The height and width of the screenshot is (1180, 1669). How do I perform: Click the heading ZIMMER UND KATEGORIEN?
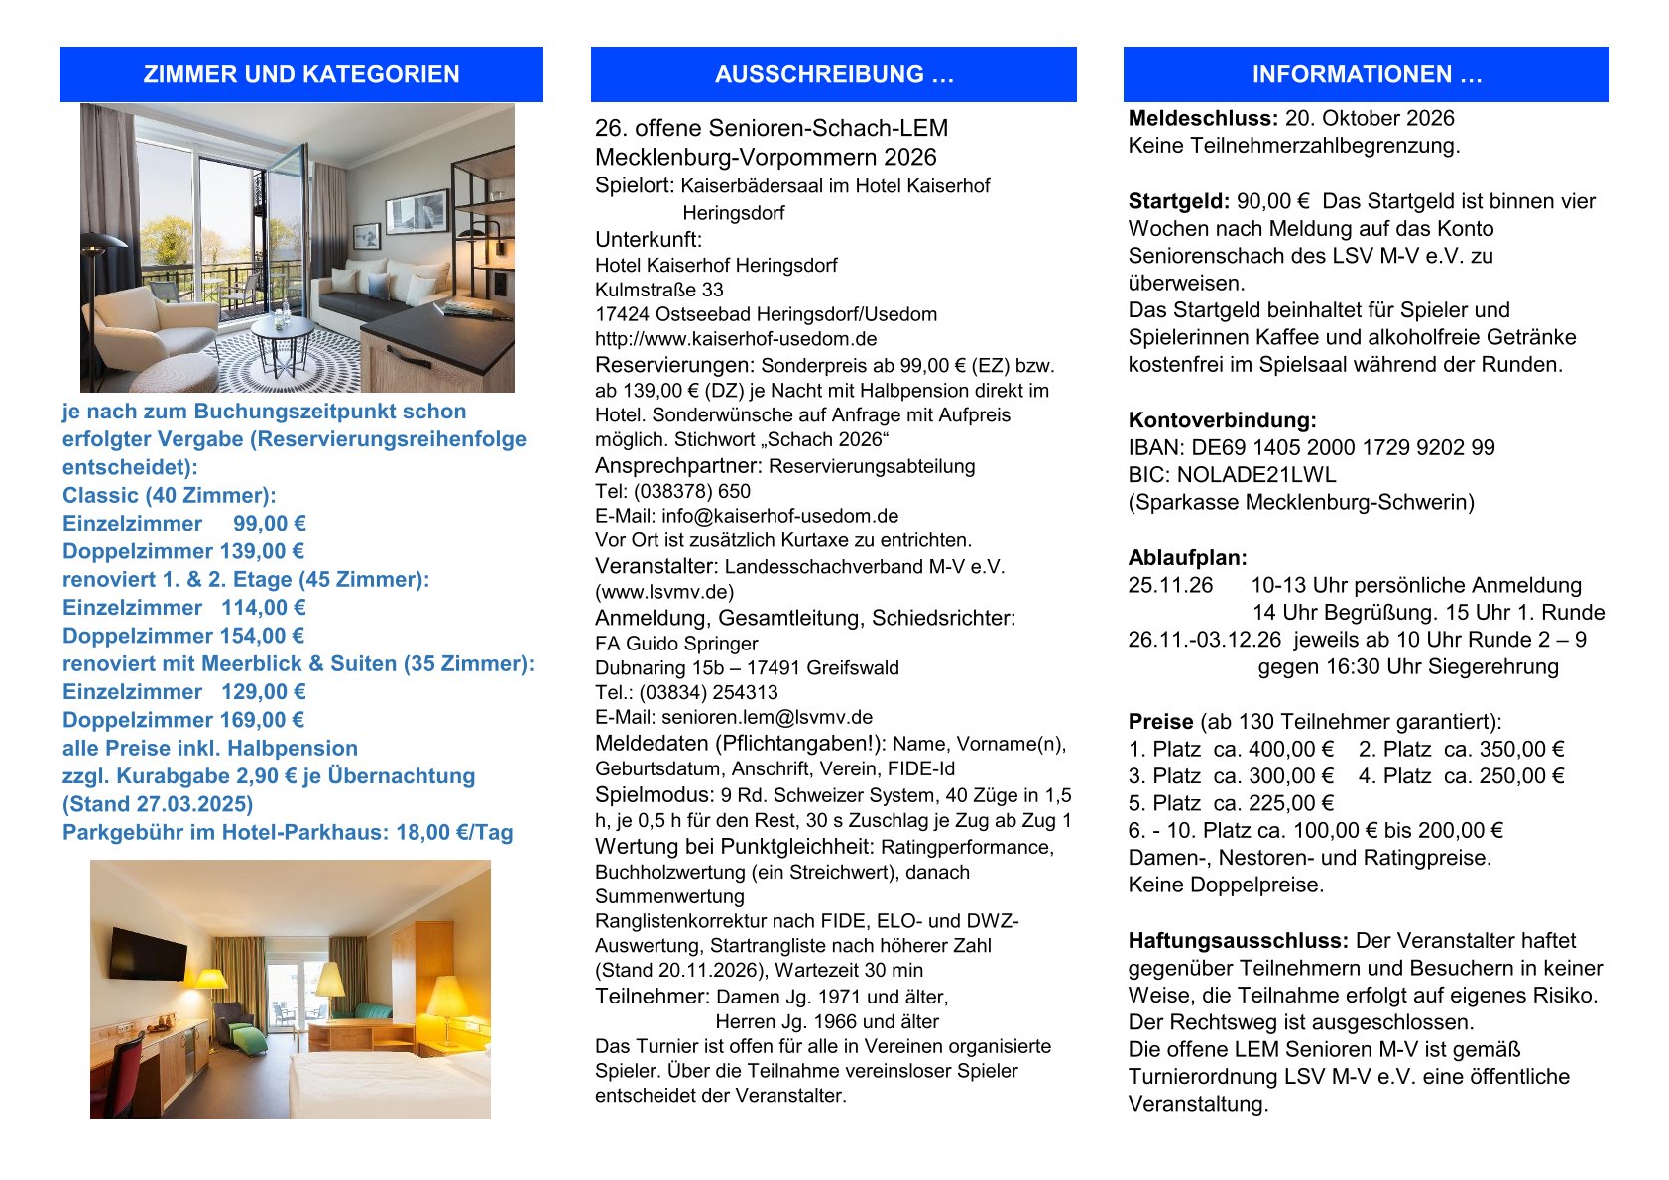point(300,74)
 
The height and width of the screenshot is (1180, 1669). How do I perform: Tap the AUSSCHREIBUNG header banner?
point(833,74)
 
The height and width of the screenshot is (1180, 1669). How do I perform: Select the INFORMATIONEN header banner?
point(1366,74)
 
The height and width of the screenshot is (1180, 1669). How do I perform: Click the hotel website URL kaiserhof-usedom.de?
point(736,339)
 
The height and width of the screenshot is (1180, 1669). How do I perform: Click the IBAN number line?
point(1311,447)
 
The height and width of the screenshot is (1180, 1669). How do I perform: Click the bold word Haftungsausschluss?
point(1238,940)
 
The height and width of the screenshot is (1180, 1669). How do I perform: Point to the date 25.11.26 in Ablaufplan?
point(1170,585)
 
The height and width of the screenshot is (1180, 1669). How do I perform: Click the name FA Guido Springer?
point(676,643)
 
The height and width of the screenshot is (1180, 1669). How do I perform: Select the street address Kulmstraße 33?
point(658,290)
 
